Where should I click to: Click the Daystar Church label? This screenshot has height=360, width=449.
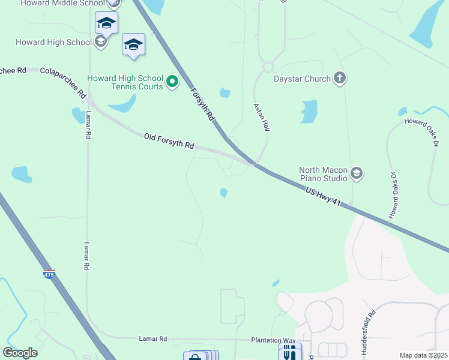(x=302, y=79)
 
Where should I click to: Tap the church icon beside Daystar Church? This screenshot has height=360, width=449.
(x=340, y=78)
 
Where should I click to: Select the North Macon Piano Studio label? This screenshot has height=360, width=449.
(x=323, y=174)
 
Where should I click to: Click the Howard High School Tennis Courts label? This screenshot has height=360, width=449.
(x=125, y=82)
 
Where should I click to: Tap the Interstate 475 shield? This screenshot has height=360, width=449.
(x=49, y=274)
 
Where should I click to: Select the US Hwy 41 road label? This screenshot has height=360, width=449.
(x=324, y=197)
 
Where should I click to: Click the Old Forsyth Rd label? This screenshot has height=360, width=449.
(x=169, y=142)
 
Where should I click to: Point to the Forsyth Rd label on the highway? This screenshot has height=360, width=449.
(x=202, y=105)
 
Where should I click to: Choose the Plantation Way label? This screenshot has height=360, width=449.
(x=271, y=340)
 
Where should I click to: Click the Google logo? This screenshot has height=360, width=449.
(x=20, y=353)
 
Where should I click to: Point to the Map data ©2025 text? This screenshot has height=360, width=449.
(x=423, y=355)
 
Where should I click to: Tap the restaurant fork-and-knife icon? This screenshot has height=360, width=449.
(x=290, y=352)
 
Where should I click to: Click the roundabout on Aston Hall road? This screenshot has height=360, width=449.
(x=268, y=67)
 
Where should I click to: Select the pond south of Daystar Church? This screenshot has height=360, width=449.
(x=309, y=112)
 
